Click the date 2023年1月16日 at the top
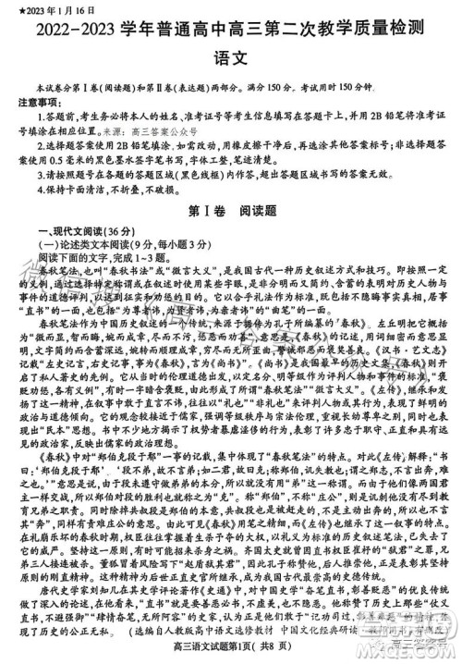tap(43, 8)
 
